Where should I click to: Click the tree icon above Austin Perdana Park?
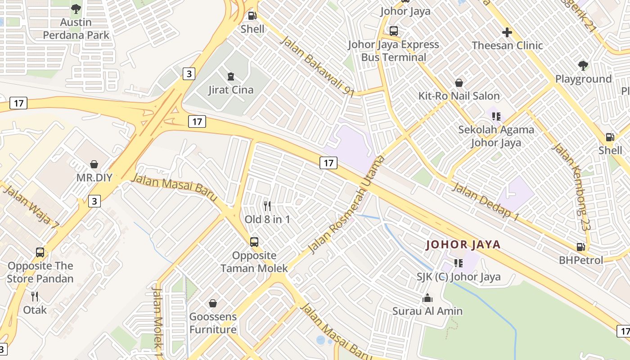pyautogui.click(x=76, y=9)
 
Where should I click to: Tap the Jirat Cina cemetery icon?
pyautogui.click(x=231, y=76)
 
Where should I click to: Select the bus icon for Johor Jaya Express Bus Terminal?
pyautogui.click(x=394, y=31)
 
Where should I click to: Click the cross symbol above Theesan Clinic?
pyautogui.click(x=507, y=32)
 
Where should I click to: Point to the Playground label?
pyautogui.click(x=583, y=79)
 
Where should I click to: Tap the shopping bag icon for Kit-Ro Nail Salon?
pyautogui.click(x=459, y=83)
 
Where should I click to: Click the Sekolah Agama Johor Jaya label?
pyautogui.click(x=496, y=136)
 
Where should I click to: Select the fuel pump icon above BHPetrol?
pyautogui.click(x=581, y=247)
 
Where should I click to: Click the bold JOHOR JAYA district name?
pyautogui.click(x=463, y=245)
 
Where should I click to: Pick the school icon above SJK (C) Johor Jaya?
pyautogui.click(x=459, y=263)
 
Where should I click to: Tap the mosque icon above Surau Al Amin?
pyautogui.click(x=427, y=298)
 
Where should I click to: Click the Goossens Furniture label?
pyautogui.click(x=213, y=323)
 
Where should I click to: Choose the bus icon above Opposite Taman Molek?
pyautogui.click(x=254, y=242)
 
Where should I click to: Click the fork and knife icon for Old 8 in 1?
pyautogui.click(x=267, y=206)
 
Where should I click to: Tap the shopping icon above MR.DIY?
pyautogui.click(x=94, y=164)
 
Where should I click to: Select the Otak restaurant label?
pyautogui.click(x=35, y=310)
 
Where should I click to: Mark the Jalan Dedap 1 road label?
pyautogui.click(x=486, y=202)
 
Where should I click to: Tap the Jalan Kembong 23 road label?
pyautogui.click(x=571, y=187)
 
